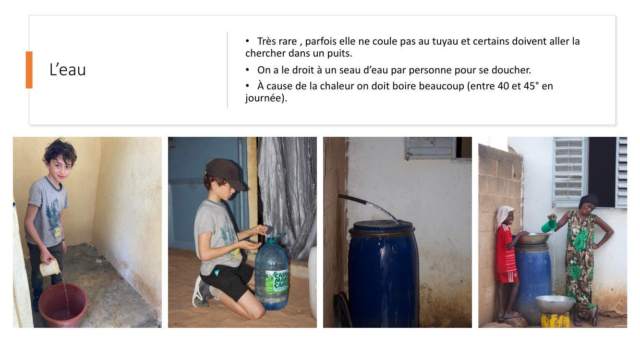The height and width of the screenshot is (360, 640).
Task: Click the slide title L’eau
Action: [x=68, y=70]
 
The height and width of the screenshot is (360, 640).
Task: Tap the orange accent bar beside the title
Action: [x=29, y=70]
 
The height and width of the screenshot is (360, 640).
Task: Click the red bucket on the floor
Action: [x=63, y=305]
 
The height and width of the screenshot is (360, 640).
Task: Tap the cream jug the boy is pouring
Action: [x=50, y=268]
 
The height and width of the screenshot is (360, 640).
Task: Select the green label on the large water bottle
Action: [x=276, y=281]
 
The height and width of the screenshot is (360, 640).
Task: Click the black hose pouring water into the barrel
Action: [x=352, y=199]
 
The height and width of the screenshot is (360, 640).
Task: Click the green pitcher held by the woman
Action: [x=549, y=225]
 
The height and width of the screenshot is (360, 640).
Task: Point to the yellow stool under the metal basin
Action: [x=555, y=319]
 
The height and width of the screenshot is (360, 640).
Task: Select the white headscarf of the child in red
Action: [x=503, y=217]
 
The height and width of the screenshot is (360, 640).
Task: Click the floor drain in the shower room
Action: [x=99, y=261]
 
